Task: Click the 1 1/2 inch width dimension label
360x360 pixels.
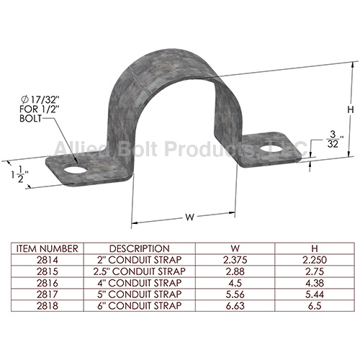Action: click(19, 174)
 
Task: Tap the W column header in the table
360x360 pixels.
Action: click(228, 248)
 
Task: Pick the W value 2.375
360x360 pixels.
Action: click(228, 259)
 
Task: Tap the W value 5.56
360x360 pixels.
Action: click(228, 294)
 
